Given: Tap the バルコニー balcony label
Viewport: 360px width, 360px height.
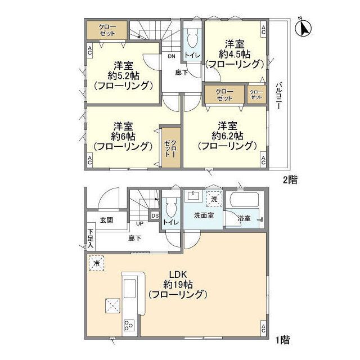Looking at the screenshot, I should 278,96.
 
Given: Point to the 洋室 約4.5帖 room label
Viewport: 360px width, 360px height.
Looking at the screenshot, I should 233,53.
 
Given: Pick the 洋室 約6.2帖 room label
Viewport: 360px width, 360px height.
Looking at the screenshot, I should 227,135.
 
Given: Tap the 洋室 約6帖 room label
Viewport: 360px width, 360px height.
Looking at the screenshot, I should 123,136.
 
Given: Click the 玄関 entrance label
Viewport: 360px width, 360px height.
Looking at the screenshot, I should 107,220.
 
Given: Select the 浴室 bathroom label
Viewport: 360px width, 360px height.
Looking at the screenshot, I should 244,218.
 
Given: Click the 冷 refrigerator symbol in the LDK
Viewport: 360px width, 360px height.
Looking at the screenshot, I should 97,263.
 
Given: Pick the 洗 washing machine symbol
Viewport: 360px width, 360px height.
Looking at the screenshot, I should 214,198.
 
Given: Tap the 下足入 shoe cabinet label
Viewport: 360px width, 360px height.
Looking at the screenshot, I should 90,238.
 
